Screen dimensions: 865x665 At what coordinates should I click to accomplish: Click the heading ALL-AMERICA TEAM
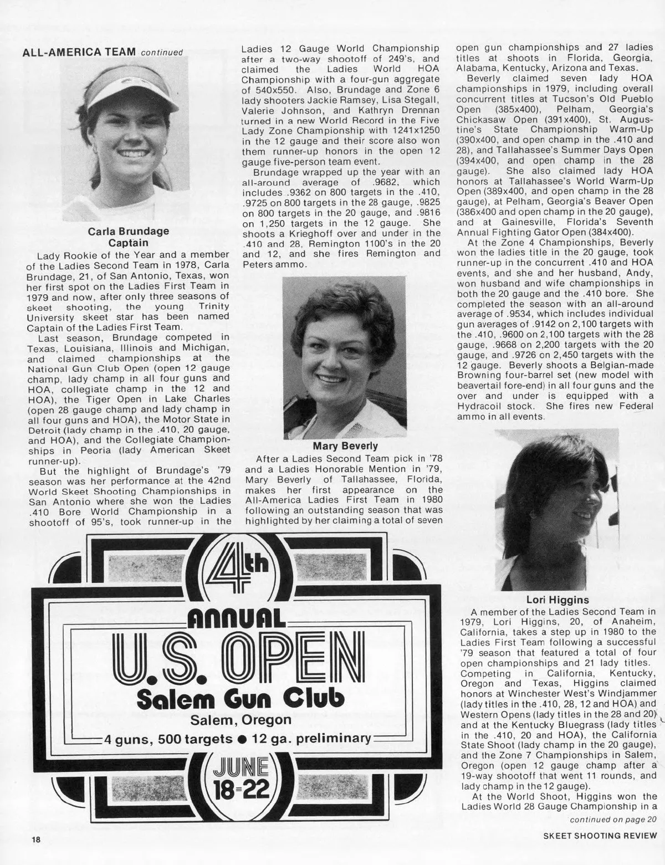point(79,52)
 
